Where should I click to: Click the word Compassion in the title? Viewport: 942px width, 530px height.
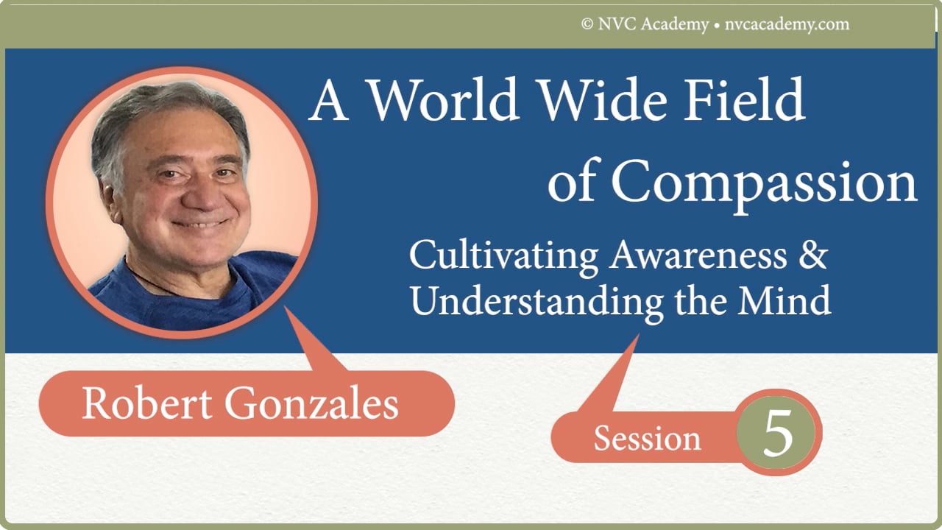coord(765,184)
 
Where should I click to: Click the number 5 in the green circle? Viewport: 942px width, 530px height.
coord(778,434)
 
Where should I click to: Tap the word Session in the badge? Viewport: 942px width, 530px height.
coord(647,439)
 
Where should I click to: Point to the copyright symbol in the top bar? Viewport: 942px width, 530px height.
coord(587,24)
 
